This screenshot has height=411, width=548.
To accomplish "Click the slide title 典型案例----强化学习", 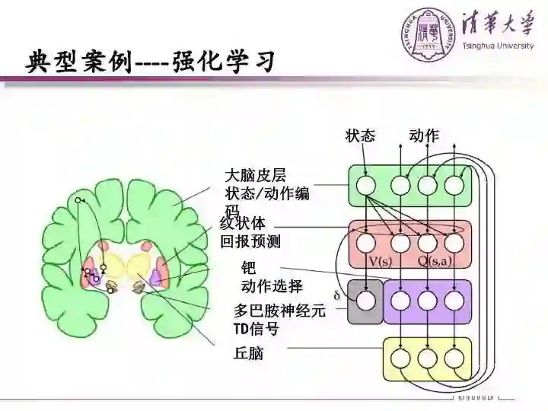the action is click(150, 62).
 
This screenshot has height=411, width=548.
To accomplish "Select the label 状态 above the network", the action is click(360, 135).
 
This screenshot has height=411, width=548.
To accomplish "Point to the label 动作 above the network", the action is click(424, 135).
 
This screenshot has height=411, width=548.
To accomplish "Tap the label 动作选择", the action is click(272, 286).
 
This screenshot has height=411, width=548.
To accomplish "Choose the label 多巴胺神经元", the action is click(279, 311).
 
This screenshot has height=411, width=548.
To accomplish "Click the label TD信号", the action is click(256, 330).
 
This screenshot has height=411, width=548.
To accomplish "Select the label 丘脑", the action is click(248, 353).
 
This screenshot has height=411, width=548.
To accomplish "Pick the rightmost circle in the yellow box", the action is click(454, 358).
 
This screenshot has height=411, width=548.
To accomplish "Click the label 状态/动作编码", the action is click(267, 194).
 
